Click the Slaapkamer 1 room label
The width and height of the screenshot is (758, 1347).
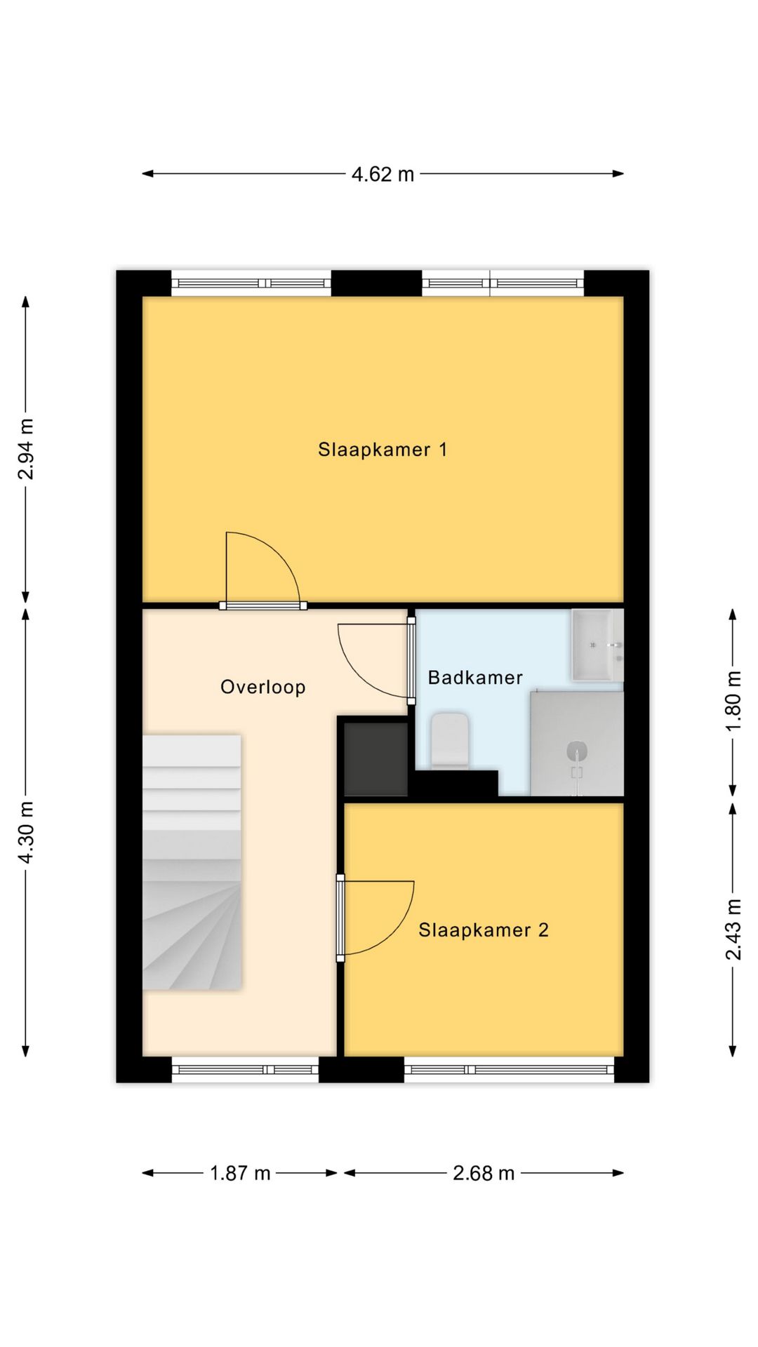pyautogui.click(x=383, y=449)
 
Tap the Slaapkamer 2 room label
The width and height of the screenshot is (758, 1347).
pyautogui.click(x=484, y=930)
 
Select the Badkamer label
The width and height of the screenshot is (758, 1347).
pyautogui.click(x=475, y=677)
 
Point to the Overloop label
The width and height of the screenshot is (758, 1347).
pyautogui.click(x=263, y=687)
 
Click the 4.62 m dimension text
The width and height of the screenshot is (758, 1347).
pyautogui.click(x=383, y=174)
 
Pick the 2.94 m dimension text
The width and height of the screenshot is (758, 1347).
pyautogui.click(x=26, y=449)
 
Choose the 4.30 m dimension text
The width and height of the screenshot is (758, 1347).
pyautogui.click(x=26, y=833)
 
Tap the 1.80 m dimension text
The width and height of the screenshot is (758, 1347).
pyautogui.click(x=733, y=702)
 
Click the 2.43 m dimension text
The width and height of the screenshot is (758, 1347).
pyautogui.click(x=733, y=930)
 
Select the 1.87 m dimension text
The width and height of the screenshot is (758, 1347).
pyautogui.click(x=240, y=1173)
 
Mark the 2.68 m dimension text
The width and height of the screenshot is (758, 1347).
pyautogui.click(x=484, y=1173)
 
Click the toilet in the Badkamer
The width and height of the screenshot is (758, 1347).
pyautogui.click(x=449, y=741)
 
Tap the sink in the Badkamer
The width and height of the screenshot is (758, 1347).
pyautogui.click(x=597, y=645)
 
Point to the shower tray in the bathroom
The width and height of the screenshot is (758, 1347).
pyautogui.click(x=577, y=744)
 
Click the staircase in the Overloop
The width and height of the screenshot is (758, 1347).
pyautogui.click(x=192, y=862)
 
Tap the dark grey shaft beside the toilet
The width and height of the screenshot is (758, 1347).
pyautogui.click(x=375, y=758)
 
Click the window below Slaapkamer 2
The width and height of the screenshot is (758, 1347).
pyautogui.click(x=510, y=1069)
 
